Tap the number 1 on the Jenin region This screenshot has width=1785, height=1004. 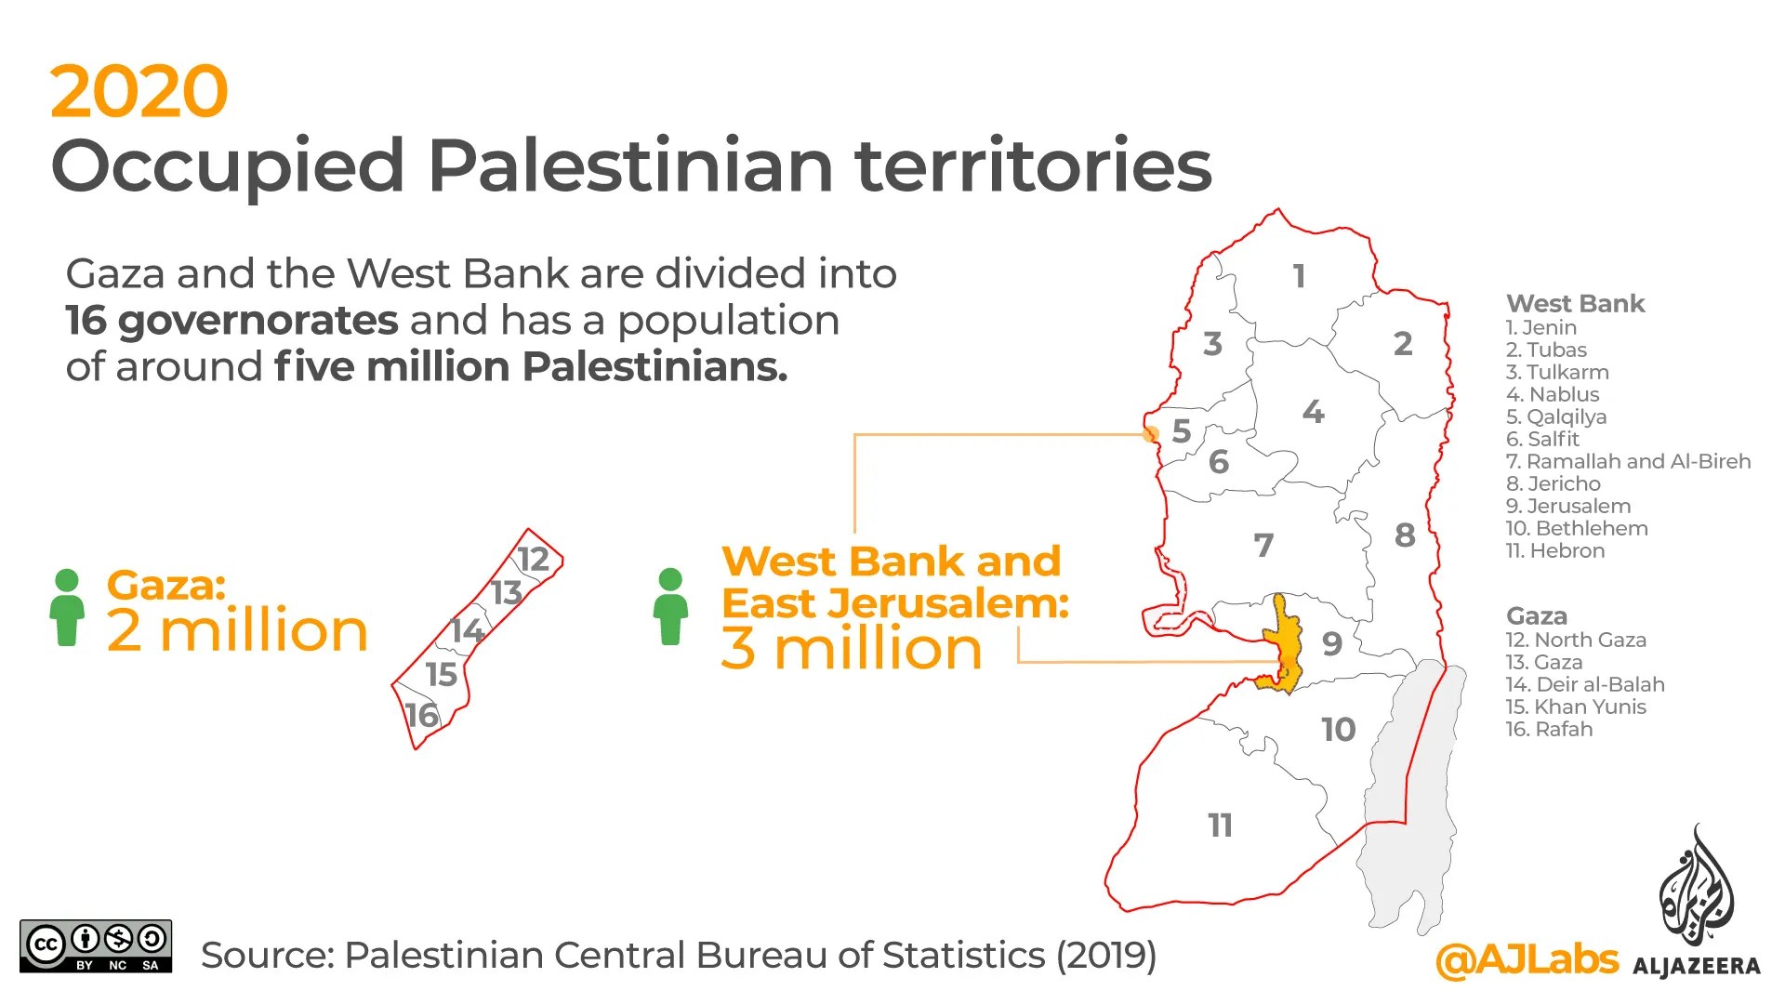click(1299, 275)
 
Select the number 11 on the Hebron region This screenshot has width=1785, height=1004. click(1220, 825)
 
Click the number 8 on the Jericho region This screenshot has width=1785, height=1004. click(1405, 535)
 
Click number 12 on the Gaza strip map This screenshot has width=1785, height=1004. click(534, 559)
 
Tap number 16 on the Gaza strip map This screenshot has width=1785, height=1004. click(421, 715)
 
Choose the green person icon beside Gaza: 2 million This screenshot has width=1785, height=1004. click(67, 607)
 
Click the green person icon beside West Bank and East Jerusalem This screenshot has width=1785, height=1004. click(670, 607)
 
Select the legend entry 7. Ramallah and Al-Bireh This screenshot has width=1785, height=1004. click(1628, 461)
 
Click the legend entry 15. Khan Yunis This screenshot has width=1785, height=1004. click(1576, 707)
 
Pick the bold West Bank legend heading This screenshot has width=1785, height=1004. click(1575, 303)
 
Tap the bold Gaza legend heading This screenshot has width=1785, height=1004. click(1536, 615)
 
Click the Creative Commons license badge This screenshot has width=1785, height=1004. click(96, 946)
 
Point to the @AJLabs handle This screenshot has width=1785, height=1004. click(1527, 960)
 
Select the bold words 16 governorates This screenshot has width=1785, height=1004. click(231, 321)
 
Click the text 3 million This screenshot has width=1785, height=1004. click(851, 648)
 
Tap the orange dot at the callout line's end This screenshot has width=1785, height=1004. click(1151, 433)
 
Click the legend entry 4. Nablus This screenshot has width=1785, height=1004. click(1553, 394)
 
